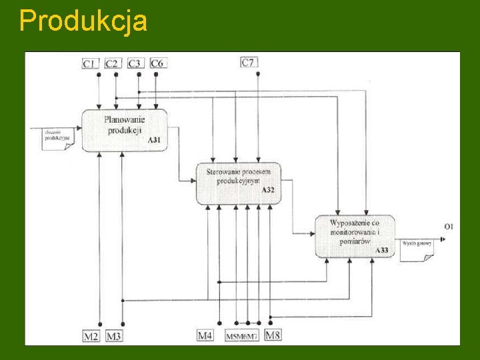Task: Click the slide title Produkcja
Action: [x=83, y=21]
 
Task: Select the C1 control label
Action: [x=90, y=63]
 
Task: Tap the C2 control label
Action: [x=112, y=63]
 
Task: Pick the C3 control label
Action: [x=135, y=63]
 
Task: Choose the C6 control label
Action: [x=157, y=63]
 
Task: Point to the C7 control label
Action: [x=249, y=63]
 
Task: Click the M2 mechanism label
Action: [x=91, y=335]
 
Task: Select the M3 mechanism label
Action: [x=114, y=335]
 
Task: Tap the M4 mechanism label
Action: [x=205, y=335]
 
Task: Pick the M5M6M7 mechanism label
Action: [x=241, y=336]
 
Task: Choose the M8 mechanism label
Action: [x=273, y=335]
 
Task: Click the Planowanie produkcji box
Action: [x=124, y=129]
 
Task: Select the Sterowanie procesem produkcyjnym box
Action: [x=238, y=182]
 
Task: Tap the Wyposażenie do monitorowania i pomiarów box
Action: [x=355, y=235]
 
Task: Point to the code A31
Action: [x=154, y=139]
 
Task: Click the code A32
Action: [x=268, y=191]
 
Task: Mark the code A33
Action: [x=382, y=250]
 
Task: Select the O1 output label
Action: [x=449, y=227]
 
